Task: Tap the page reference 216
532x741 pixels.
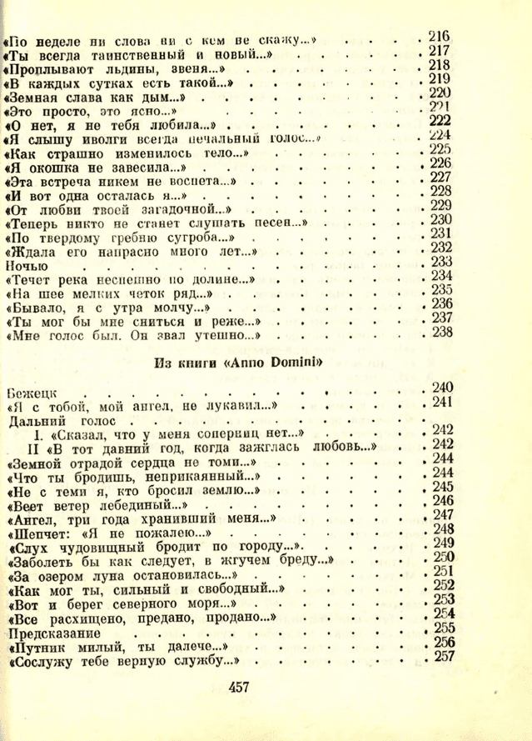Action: coord(438,36)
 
